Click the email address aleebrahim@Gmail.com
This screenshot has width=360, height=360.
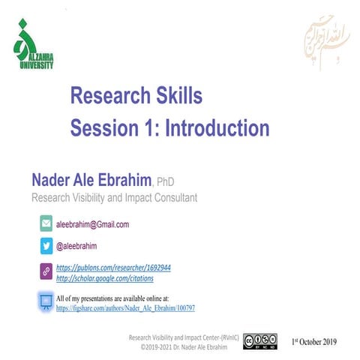click(x=93, y=224)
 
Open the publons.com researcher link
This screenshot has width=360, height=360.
click(x=114, y=267)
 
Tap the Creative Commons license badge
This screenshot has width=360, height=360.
click(x=260, y=341)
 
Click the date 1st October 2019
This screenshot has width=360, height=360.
click(x=314, y=341)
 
